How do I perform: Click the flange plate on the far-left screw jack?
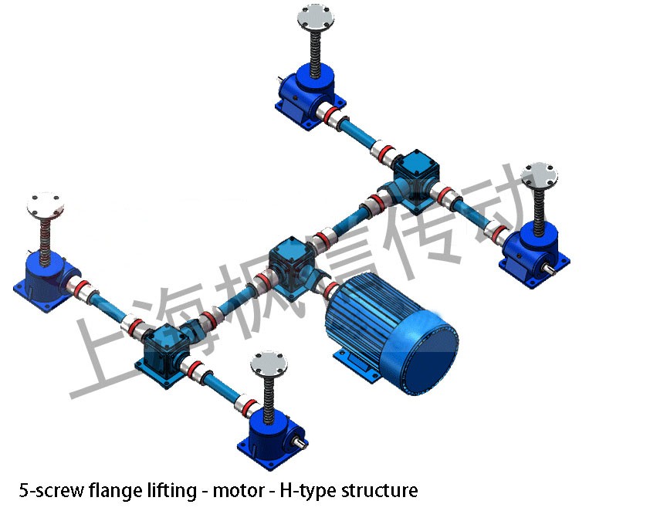pos(46,204)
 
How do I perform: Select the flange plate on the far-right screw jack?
pos(540,174)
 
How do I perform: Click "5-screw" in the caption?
pos(43,490)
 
